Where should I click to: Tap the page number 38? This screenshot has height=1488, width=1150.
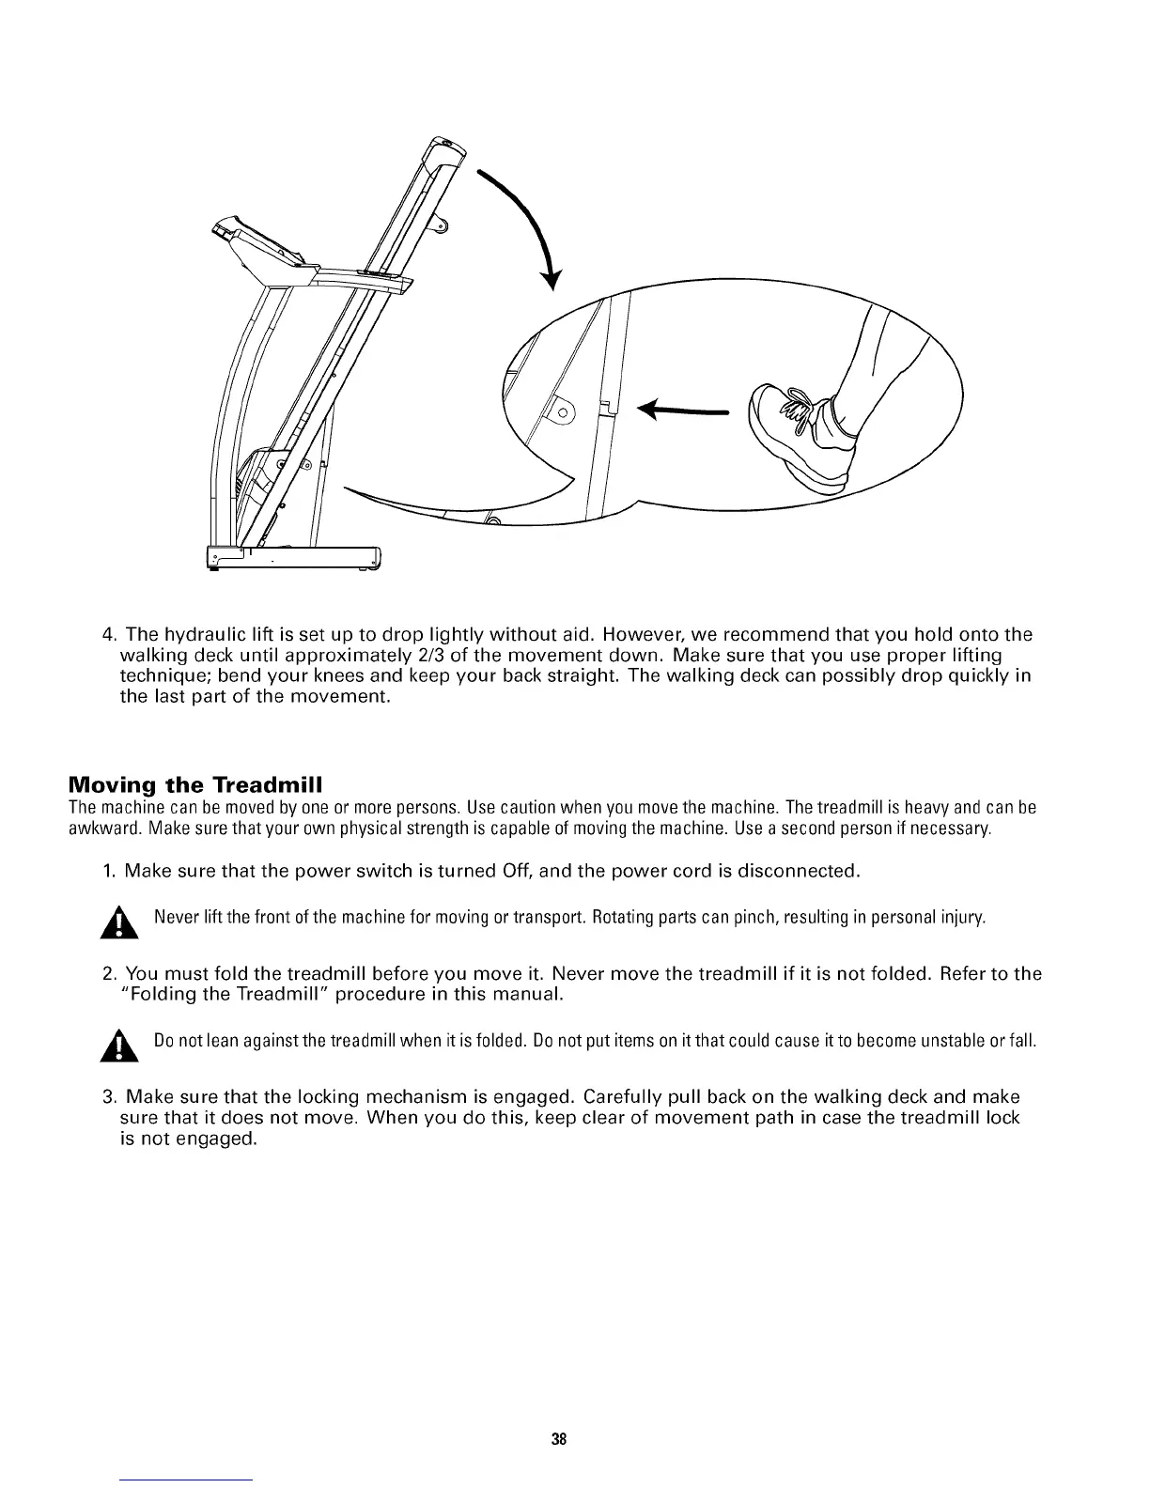pyautogui.click(x=559, y=1439)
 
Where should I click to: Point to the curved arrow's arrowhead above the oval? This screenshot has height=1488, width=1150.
pyautogui.click(x=553, y=279)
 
